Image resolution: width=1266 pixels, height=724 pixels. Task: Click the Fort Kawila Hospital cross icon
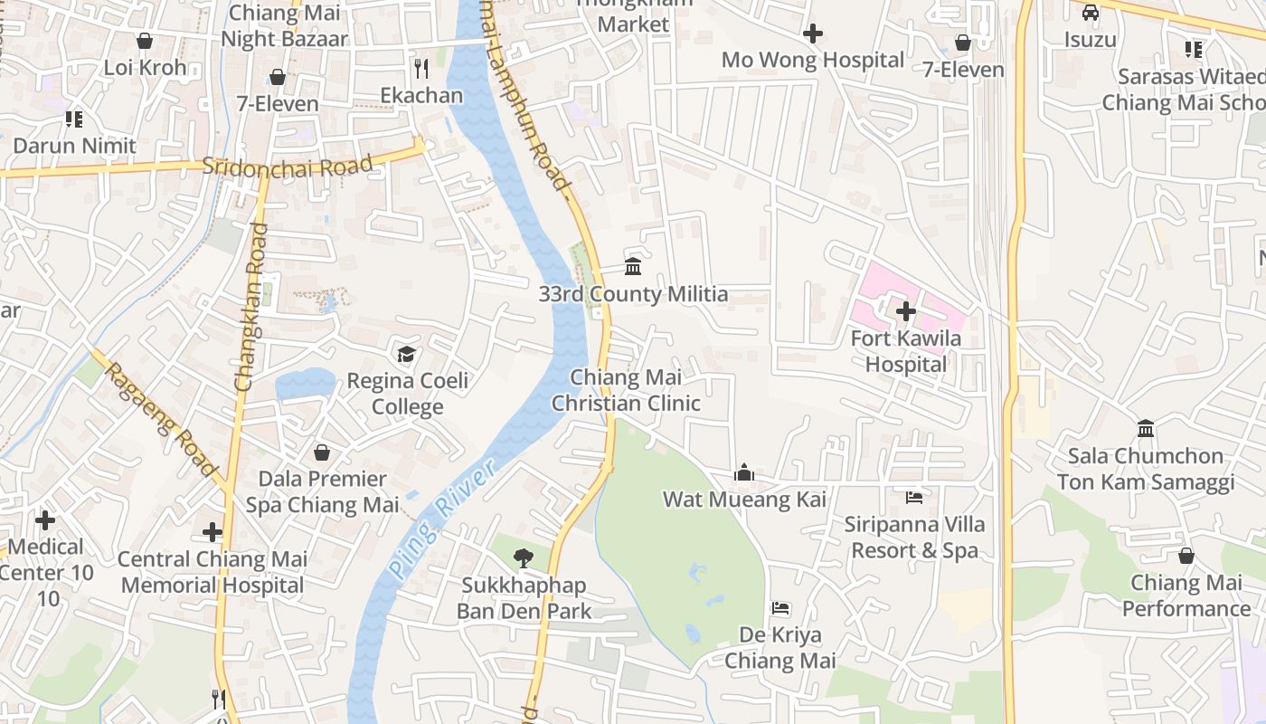pyautogui.click(x=905, y=311)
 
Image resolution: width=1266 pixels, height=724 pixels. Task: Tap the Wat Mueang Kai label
pyautogui.click(x=744, y=500)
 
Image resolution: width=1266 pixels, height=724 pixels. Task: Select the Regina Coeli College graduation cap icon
pyautogui.click(x=406, y=353)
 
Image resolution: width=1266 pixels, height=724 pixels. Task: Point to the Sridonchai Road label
pyautogui.click(x=287, y=166)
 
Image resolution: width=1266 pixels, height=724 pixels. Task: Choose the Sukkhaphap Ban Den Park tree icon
pyautogui.click(x=523, y=558)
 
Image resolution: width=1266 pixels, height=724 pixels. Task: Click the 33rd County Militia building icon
pyautogui.click(x=633, y=266)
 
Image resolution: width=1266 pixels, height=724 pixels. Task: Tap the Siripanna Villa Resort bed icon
pyautogui.click(x=914, y=497)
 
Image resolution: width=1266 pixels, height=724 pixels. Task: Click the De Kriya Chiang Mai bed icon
pyautogui.click(x=780, y=608)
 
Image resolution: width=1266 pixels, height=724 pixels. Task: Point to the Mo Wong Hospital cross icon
pyautogui.click(x=812, y=34)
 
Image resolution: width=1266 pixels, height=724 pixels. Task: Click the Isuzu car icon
pyautogui.click(x=1091, y=13)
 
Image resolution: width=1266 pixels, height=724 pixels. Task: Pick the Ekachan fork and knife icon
pyautogui.click(x=420, y=68)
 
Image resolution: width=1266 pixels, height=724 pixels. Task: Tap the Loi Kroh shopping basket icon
pyautogui.click(x=145, y=41)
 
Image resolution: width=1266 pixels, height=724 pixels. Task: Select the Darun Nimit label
pyautogui.click(x=74, y=146)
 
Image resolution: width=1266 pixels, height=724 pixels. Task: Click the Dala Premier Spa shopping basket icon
pyautogui.click(x=322, y=452)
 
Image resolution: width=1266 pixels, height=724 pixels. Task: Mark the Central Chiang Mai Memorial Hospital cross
pyautogui.click(x=213, y=532)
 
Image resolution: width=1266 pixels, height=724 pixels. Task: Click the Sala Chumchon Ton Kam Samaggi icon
pyautogui.click(x=1146, y=428)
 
